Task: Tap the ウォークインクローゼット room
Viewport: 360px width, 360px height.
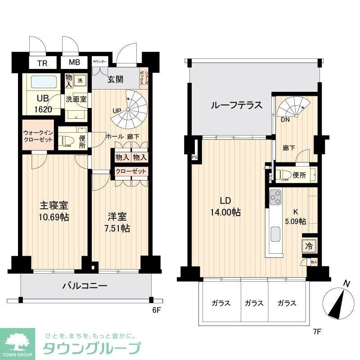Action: point(38,135)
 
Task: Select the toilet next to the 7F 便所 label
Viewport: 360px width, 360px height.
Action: point(282,175)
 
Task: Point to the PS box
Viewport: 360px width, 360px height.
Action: point(194,157)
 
